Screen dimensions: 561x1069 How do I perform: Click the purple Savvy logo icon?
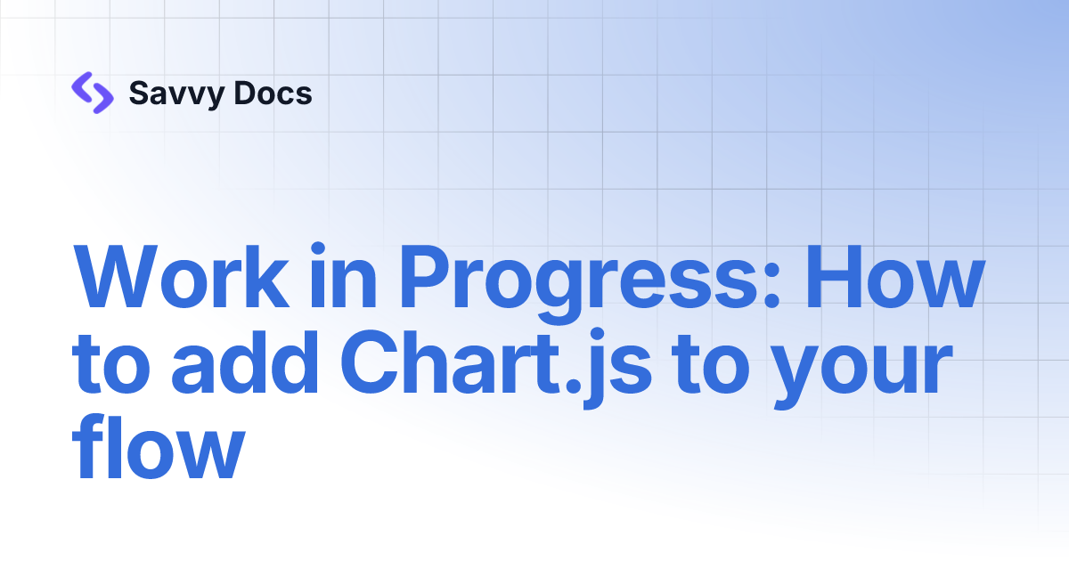coord(92,93)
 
